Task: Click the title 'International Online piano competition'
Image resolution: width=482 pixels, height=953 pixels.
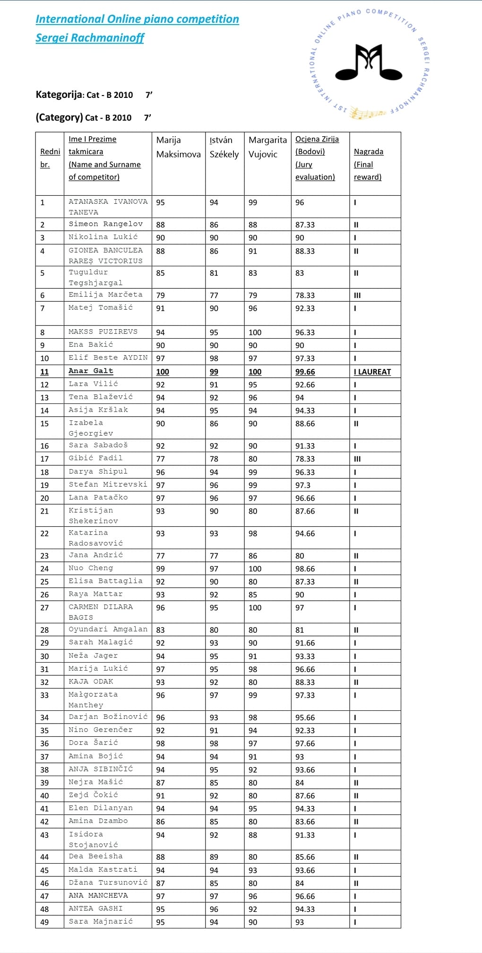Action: [x=137, y=19]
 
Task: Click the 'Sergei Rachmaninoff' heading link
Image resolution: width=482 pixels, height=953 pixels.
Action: [x=90, y=38]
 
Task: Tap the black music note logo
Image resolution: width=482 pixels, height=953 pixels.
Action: [x=369, y=62]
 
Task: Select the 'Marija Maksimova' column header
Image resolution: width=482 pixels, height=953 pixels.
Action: [x=178, y=147]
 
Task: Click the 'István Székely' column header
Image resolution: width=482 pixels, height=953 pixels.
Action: [x=224, y=147]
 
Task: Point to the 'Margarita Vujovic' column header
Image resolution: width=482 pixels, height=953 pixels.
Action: [x=267, y=147]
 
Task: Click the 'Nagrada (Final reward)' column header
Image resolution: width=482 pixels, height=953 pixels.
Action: [x=368, y=164]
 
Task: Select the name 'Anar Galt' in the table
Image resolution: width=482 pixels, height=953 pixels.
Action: [x=91, y=371]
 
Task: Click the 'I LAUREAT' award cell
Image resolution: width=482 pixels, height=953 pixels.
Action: [x=372, y=372]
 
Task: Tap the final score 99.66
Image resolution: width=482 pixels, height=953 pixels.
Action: [x=305, y=372]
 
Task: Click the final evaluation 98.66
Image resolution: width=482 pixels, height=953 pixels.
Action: [x=305, y=568]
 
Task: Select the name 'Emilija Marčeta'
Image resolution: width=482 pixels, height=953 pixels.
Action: [x=105, y=295]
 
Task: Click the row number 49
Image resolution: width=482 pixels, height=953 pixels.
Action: [x=44, y=922]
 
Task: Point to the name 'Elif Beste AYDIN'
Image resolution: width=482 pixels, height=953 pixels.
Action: [x=108, y=358]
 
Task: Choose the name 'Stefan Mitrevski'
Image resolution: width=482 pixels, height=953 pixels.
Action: [x=108, y=484]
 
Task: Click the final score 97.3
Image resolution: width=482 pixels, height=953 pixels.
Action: [x=303, y=485]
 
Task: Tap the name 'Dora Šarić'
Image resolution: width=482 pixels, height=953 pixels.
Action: [x=93, y=743]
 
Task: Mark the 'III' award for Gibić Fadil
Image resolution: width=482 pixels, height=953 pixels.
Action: [x=357, y=459]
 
